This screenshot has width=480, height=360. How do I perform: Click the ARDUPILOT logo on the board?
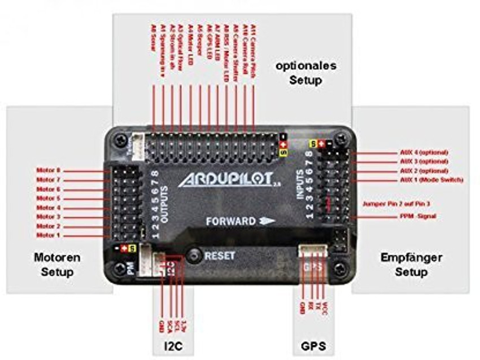226,180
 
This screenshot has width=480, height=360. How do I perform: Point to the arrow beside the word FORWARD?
267,221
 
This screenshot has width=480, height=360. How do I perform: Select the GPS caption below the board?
313,345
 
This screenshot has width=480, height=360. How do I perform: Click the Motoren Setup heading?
57,265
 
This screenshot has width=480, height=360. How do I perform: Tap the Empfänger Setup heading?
411,265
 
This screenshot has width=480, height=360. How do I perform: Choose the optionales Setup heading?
306,73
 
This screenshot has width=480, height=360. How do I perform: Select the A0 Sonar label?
153,37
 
